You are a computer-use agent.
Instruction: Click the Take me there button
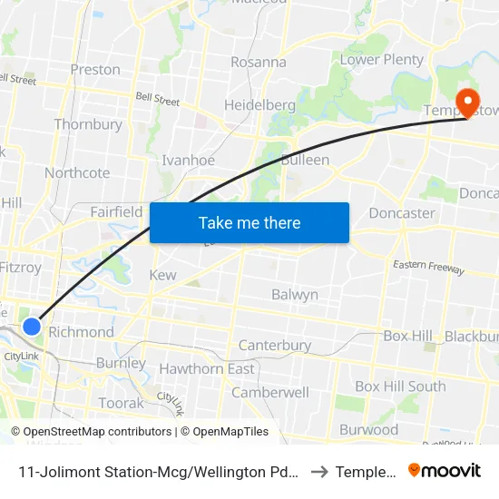(x=249, y=222)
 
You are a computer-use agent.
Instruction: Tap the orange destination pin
(x=469, y=103)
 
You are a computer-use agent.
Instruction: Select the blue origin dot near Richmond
(x=32, y=326)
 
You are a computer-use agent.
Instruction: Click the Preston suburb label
(x=95, y=70)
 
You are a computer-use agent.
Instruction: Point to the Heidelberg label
(x=259, y=105)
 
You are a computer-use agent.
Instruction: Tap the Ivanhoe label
(x=188, y=161)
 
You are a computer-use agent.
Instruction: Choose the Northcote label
(x=77, y=173)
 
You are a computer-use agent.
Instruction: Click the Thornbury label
(x=88, y=124)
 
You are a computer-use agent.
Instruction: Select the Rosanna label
(x=259, y=63)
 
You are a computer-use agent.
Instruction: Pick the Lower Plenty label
(x=382, y=60)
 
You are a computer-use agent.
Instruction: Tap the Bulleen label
(x=305, y=160)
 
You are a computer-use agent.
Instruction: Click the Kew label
(x=162, y=275)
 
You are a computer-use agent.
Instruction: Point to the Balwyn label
(x=295, y=295)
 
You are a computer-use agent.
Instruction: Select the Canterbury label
(x=274, y=346)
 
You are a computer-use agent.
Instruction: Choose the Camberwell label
(x=270, y=393)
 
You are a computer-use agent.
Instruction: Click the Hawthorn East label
(x=207, y=369)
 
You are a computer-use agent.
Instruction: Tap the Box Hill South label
(x=400, y=386)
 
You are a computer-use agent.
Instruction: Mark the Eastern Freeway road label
(x=428, y=267)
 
